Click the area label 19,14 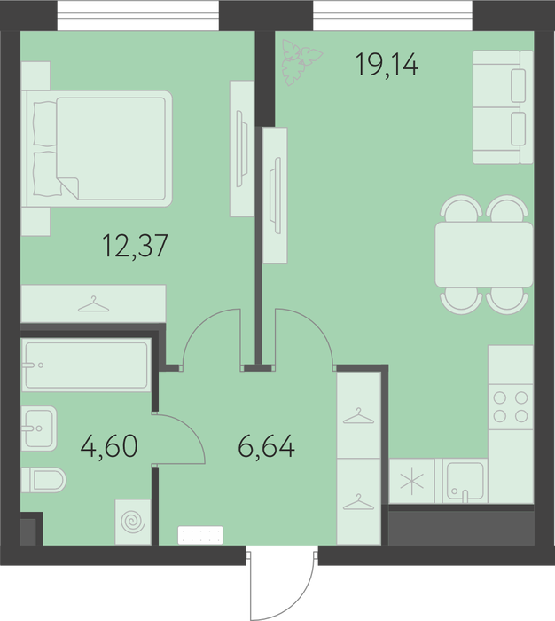coord(387,64)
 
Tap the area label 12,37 coord(135,246)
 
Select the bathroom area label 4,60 coord(109,446)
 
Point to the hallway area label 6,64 coord(266,446)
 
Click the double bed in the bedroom coord(97,148)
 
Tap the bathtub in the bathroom coord(86,365)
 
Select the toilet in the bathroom coord(43,480)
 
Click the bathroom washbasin coord(39,428)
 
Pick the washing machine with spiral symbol coord(133,522)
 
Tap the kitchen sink coord(465,481)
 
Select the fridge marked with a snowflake coord(412,481)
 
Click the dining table coord(484,255)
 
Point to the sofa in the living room coord(503,107)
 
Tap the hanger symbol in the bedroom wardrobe coord(93,303)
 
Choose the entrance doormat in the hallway coord(200,535)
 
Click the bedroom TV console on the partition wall coord(242,148)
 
